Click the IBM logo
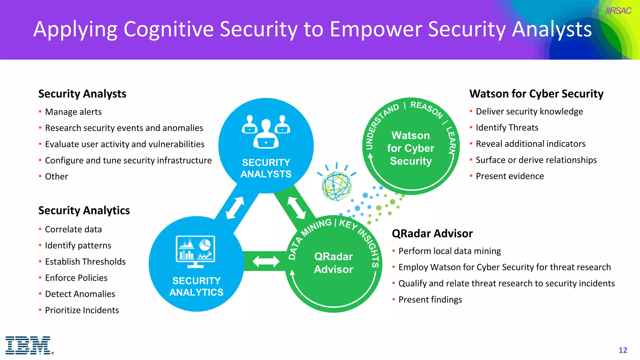pos(28,345)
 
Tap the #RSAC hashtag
pos(618,11)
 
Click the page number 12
pos(622,350)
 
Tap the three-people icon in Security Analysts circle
pos(266,132)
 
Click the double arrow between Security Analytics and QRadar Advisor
pos(266,261)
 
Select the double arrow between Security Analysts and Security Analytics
pos(235,207)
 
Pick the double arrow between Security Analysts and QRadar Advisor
pos(296,207)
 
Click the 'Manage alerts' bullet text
pos(73,112)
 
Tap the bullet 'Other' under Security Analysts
pos(56,177)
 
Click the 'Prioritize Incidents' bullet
pos(82,310)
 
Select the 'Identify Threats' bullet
pos(507,128)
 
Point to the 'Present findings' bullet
pos(430,300)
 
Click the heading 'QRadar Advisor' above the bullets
pos(432,233)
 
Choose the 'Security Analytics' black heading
pos(84,210)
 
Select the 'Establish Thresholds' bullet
pos(85,262)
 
